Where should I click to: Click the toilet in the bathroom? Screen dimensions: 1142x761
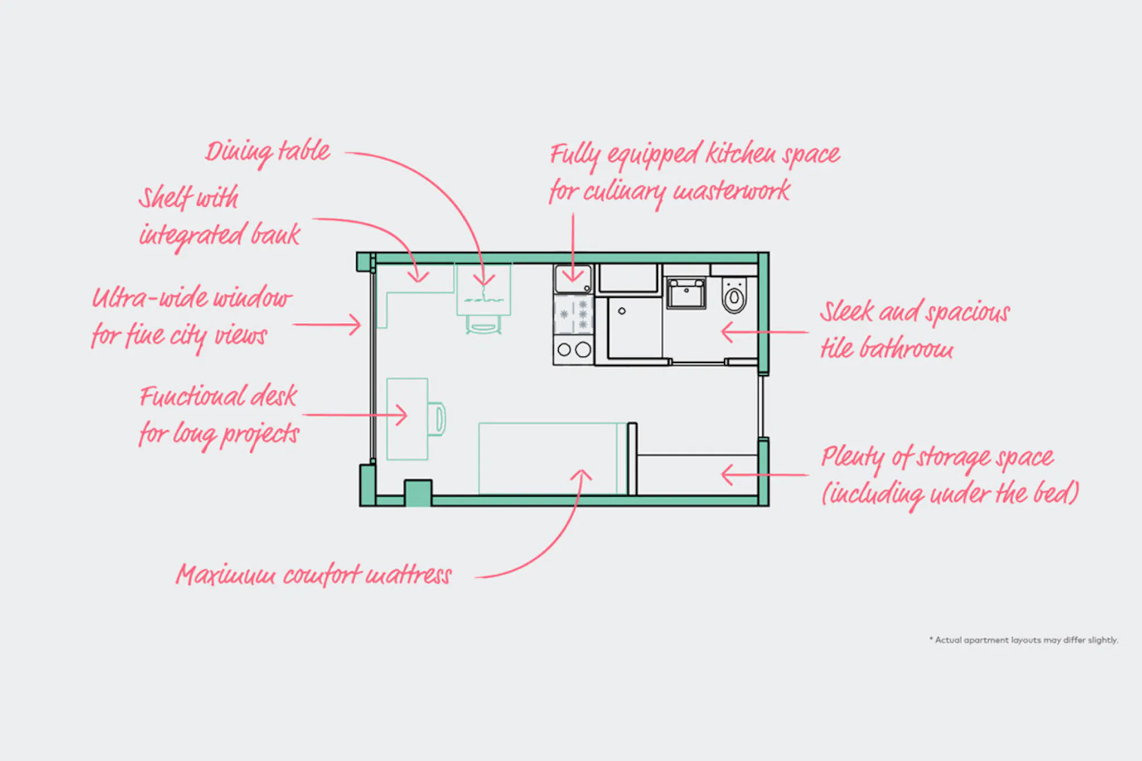point(734,295)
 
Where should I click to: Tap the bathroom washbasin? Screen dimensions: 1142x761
point(686,293)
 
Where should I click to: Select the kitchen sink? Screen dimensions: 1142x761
point(573,279)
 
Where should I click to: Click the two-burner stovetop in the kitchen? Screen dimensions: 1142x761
point(573,350)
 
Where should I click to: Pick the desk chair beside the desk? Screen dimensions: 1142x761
point(437,419)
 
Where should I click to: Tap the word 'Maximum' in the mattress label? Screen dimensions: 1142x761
point(226,575)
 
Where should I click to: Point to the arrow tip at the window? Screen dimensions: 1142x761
point(360,324)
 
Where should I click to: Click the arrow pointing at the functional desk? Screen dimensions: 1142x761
point(355,415)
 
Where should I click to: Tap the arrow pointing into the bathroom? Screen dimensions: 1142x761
point(764,332)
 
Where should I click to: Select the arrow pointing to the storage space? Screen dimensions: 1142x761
point(764,475)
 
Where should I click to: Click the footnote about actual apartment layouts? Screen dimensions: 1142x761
point(1024,640)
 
